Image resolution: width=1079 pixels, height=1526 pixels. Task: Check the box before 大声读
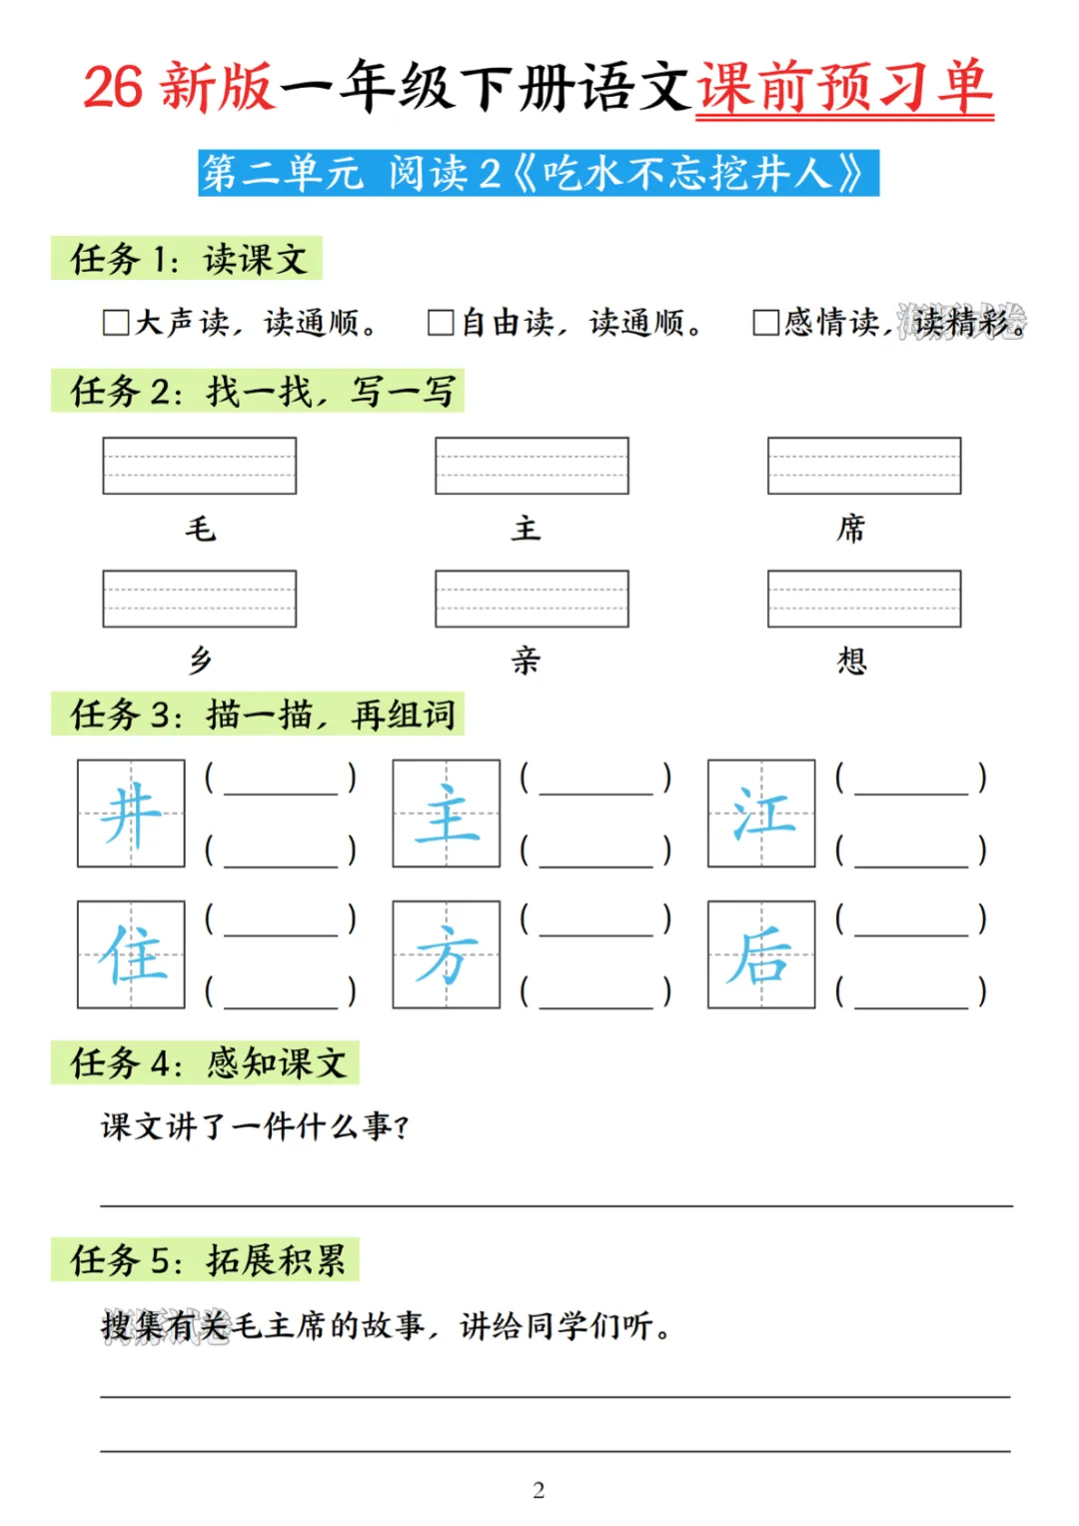[x=116, y=323]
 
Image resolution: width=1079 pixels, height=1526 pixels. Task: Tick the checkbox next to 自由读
[x=441, y=323]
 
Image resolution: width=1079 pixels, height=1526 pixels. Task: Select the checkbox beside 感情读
[x=766, y=323]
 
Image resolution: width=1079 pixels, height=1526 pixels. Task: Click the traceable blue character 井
[x=131, y=813]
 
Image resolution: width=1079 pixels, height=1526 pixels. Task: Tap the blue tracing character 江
[x=761, y=813]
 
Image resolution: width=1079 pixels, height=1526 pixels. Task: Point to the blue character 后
[x=761, y=955]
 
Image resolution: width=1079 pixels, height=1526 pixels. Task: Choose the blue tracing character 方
[x=447, y=955]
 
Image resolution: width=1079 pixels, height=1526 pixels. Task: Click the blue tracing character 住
[x=131, y=955]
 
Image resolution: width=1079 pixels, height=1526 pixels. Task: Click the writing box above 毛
[x=200, y=466]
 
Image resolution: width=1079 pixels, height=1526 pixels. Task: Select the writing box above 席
[x=864, y=466]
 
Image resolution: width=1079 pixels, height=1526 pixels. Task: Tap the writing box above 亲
[x=532, y=599]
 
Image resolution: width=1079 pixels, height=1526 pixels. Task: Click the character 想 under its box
[x=851, y=661]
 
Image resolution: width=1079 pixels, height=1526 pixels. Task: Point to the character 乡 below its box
[x=200, y=661]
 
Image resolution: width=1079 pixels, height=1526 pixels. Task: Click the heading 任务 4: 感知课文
[x=206, y=1063]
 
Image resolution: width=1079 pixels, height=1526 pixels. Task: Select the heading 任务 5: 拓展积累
[x=206, y=1260]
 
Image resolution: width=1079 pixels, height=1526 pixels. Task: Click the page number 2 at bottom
[x=539, y=1490]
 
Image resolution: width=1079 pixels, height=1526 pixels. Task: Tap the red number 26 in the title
[x=113, y=88]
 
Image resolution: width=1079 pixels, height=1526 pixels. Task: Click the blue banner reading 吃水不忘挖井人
[x=539, y=173]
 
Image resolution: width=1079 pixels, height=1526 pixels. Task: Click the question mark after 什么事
[x=402, y=1128]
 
